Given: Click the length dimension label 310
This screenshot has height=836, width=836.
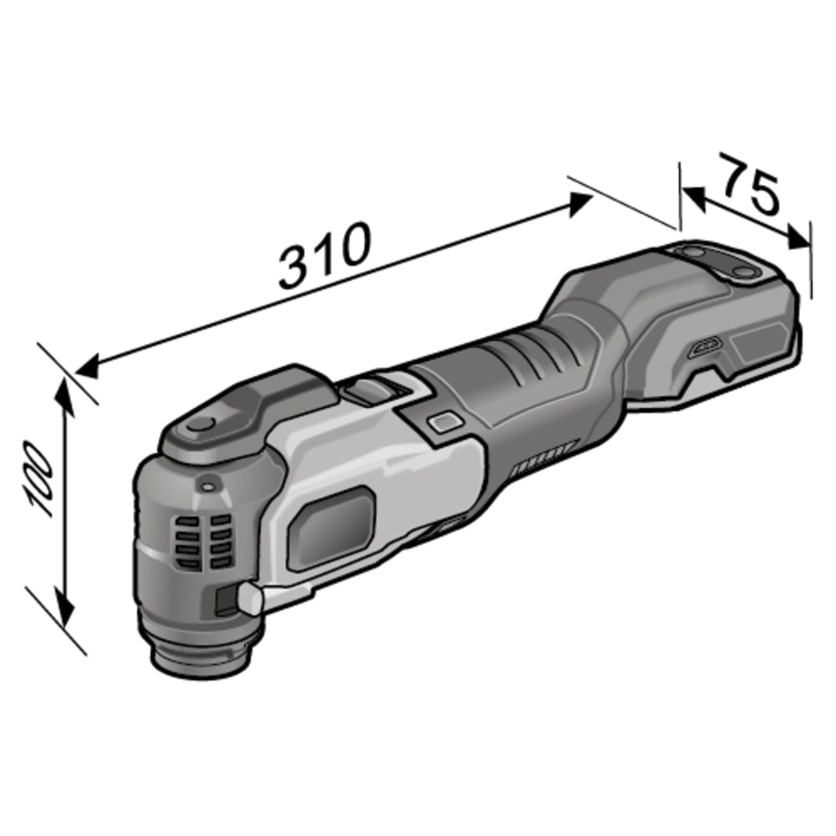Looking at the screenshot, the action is [324, 255].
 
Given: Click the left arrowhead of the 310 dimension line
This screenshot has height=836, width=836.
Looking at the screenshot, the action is [88, 368].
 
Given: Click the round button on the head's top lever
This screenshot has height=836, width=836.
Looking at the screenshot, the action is [201, 425].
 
